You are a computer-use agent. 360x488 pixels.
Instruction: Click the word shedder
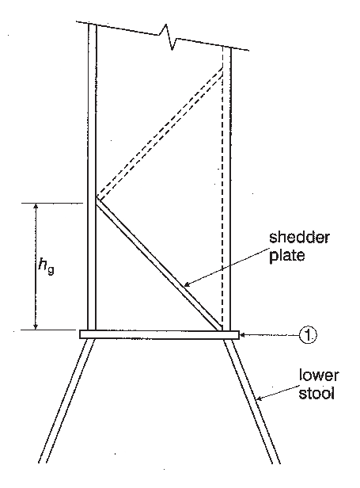pyautogui.click(x=299, y=238)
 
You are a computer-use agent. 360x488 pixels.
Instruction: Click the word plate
pyautogui.click(x=286, y=256)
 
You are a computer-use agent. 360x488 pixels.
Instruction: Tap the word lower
pyautogui.click(x=319, y=376)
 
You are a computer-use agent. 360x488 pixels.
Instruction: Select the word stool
pyautogui.click(x=316, y=393)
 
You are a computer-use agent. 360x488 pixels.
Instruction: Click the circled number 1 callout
pyautogui.click(x=308, y=335)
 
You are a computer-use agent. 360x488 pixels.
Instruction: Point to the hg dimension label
pyautogui.click(x=46, y=266)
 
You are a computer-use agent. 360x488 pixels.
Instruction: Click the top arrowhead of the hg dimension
pyautogui.click(x=36, y=207)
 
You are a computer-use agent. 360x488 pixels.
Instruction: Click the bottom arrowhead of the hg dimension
pyautogui.click(x=36, y=326)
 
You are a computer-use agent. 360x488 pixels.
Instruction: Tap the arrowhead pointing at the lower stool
pyautogui.click(x=259, y=398)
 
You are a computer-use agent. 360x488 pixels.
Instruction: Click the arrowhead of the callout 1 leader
pyautogui.click(x=243, y=335)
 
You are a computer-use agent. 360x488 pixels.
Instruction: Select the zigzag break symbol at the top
pyautogui.click(x=168, y=36)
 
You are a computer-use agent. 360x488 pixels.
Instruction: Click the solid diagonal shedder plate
pyautogui.click(x=159, y=265)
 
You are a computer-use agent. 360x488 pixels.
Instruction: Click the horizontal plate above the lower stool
pyautogui.click(x=159, y=334)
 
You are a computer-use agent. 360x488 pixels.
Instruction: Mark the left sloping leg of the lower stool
pyautogui.click(x=66, y=401)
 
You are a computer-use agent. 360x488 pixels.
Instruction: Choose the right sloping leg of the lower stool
pyautogui.click(x=252, y=401)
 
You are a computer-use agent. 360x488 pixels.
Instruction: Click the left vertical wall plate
pyautogui.click(x=93, y=176)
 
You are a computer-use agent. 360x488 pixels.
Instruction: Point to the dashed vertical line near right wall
pyautogui.click(x=222, y=187)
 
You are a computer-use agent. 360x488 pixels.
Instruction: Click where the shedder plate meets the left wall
pyautogui.click(x=97, y=200)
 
